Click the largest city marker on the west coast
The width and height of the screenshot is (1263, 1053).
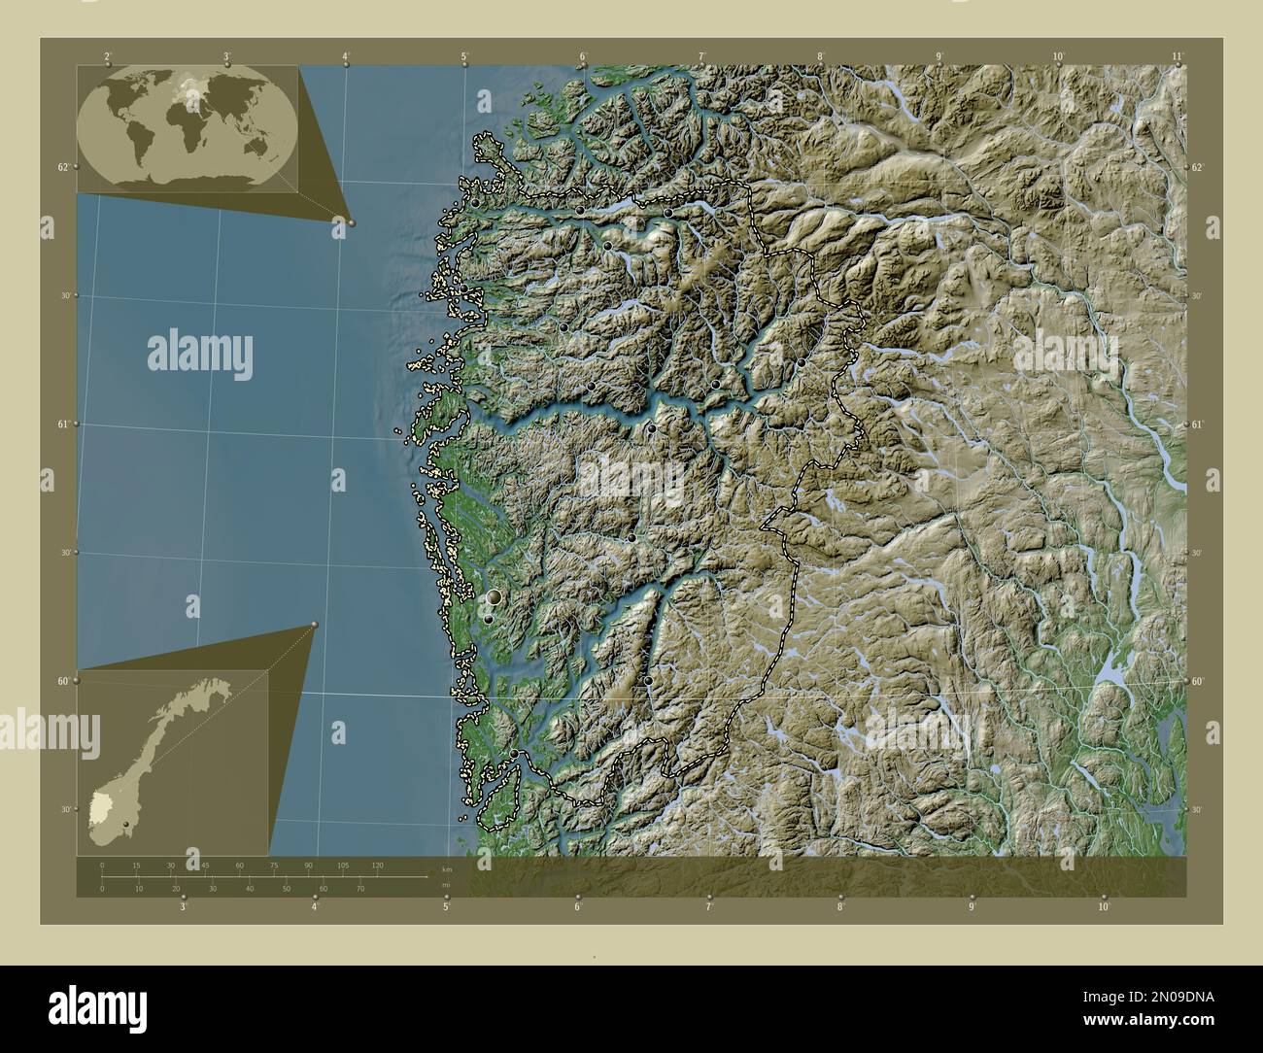(495, 596)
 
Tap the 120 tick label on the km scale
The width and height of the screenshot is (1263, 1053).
(376, 865)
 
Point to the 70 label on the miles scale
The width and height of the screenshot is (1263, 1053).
(359, 888)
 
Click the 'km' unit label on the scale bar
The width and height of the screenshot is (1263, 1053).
(446, 868)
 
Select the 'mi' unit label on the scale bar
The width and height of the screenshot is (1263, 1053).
(446, 885)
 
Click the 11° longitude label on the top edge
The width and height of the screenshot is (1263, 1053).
(1178, 56)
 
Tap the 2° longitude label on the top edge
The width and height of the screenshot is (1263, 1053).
(107, 56)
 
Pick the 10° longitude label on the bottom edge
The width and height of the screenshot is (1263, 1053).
(1104, 906)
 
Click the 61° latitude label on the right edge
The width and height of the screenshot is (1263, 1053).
(1198, 425)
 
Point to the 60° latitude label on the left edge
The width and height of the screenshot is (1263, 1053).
(63, 681)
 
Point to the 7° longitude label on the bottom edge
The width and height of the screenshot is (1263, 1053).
(709, 906)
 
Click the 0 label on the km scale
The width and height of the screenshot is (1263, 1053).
(102, 865)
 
